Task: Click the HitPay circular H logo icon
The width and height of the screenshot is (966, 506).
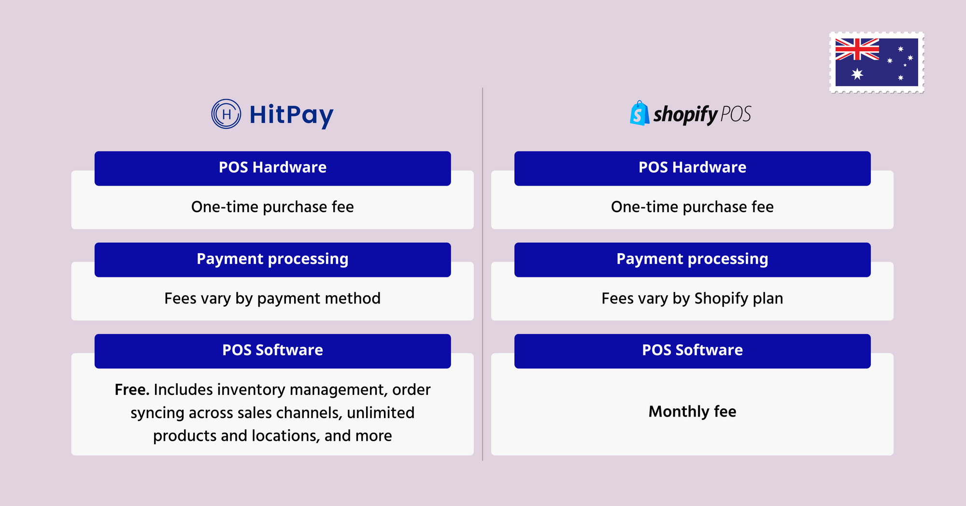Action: (226, 114)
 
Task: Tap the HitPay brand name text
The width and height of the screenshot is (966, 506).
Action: (291, 116)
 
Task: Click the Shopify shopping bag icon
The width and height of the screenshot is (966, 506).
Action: (639, 113)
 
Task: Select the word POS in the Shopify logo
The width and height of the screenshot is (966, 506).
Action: (736, 114)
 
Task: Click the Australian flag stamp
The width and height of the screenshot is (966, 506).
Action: (877, 62)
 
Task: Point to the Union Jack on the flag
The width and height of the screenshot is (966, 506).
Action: (857, 49)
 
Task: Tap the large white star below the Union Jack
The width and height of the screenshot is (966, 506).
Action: (857, 74)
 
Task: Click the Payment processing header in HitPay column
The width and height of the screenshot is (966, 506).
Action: (272, 260)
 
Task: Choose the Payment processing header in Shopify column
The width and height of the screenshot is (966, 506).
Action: (692, 260)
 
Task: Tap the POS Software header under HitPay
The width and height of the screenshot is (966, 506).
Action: (272, 351)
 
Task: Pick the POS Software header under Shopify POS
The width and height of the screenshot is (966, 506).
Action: (692, 351)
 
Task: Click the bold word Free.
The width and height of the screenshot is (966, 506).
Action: (132, 390)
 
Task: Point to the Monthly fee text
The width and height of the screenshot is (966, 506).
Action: (692, 411)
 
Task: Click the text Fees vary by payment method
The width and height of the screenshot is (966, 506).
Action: (272, 299)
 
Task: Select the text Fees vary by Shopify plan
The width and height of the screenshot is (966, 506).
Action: (692, 299)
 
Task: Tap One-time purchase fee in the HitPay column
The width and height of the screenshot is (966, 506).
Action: (272, 207)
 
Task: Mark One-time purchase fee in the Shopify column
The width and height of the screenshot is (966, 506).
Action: (692, 207)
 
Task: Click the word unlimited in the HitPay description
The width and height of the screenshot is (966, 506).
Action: (381, 413)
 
